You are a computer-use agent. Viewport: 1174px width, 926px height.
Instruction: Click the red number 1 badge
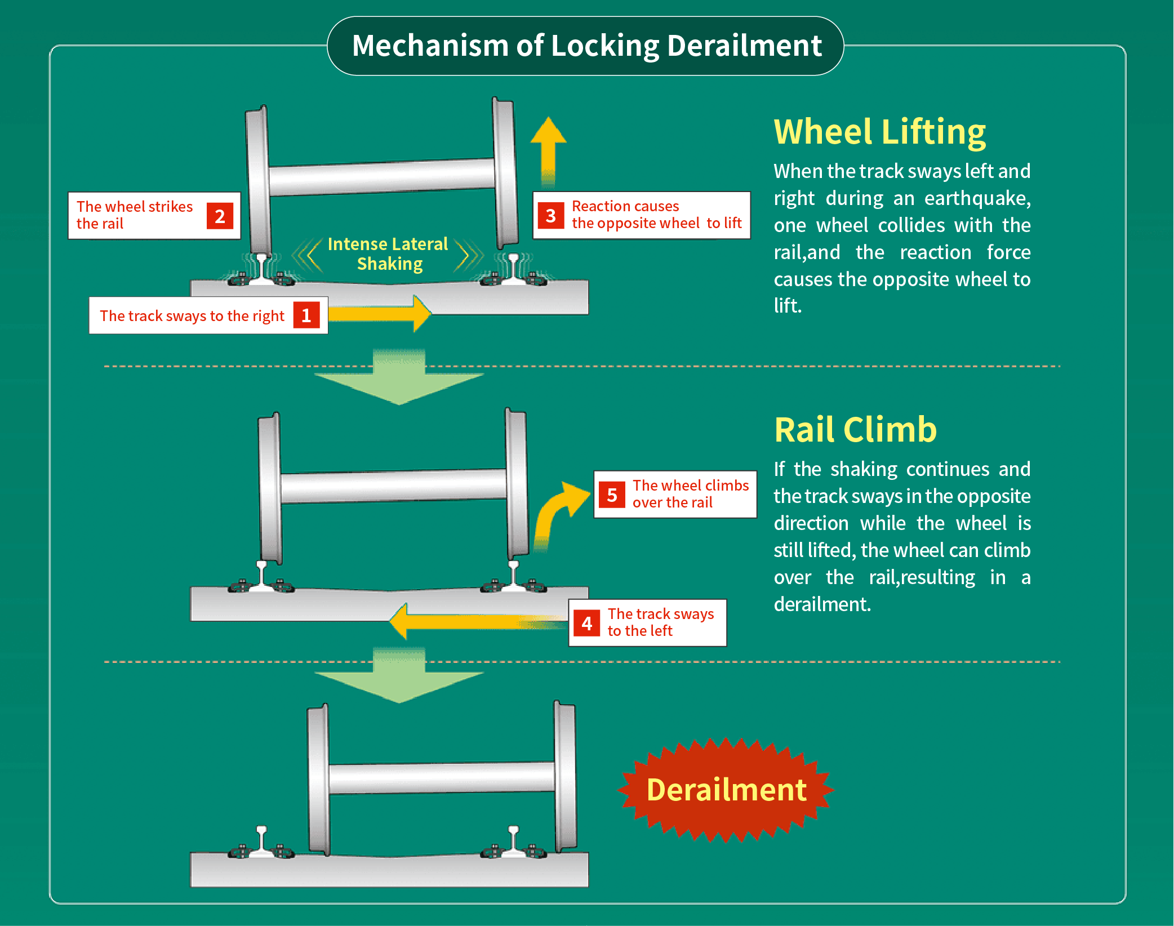[x=306, y=315]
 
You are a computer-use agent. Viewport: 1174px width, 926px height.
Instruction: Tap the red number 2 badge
[x=220, y=216]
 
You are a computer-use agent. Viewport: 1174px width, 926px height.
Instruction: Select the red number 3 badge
[x=550, y=216]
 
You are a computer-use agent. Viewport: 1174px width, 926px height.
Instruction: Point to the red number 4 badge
[x=586, y=624]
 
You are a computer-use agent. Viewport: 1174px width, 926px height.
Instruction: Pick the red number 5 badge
[x=612, y=495]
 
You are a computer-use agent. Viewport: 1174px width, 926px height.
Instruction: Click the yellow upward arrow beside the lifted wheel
[x=548, y=149]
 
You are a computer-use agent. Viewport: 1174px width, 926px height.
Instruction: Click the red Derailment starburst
[x=726, y=790]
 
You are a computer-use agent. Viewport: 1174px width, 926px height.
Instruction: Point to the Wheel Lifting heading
[x=879, y=132]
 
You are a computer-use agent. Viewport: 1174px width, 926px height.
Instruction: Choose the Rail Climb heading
[x=855, y=430]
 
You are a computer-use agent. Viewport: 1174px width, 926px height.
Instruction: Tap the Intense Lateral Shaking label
[x=388, y=253]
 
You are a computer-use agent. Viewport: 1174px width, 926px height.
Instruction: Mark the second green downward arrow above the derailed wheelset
[x=399, y=677]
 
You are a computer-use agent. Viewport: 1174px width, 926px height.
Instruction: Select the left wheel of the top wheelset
[x=259, y=180]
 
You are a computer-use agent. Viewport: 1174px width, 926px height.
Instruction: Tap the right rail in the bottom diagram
[x=513, y=840]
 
